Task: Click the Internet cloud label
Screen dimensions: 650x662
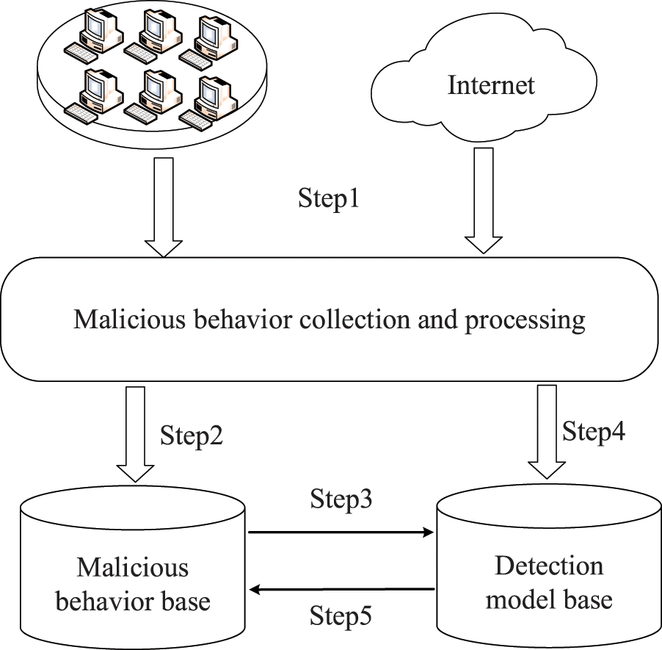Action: pos(491,85)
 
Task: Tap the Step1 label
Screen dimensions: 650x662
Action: pos(329,199)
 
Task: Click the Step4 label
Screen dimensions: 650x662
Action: pos(594,431)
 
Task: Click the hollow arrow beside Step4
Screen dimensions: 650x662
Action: pos(548,430)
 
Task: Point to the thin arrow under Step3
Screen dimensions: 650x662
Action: pos(341,532)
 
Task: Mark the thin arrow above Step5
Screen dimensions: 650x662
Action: pos(341,589)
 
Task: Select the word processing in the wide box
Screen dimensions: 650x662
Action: pos(524,320)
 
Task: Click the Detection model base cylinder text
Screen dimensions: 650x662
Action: pos(548,582)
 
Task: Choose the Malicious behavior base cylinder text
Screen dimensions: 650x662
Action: pos(133,585)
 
